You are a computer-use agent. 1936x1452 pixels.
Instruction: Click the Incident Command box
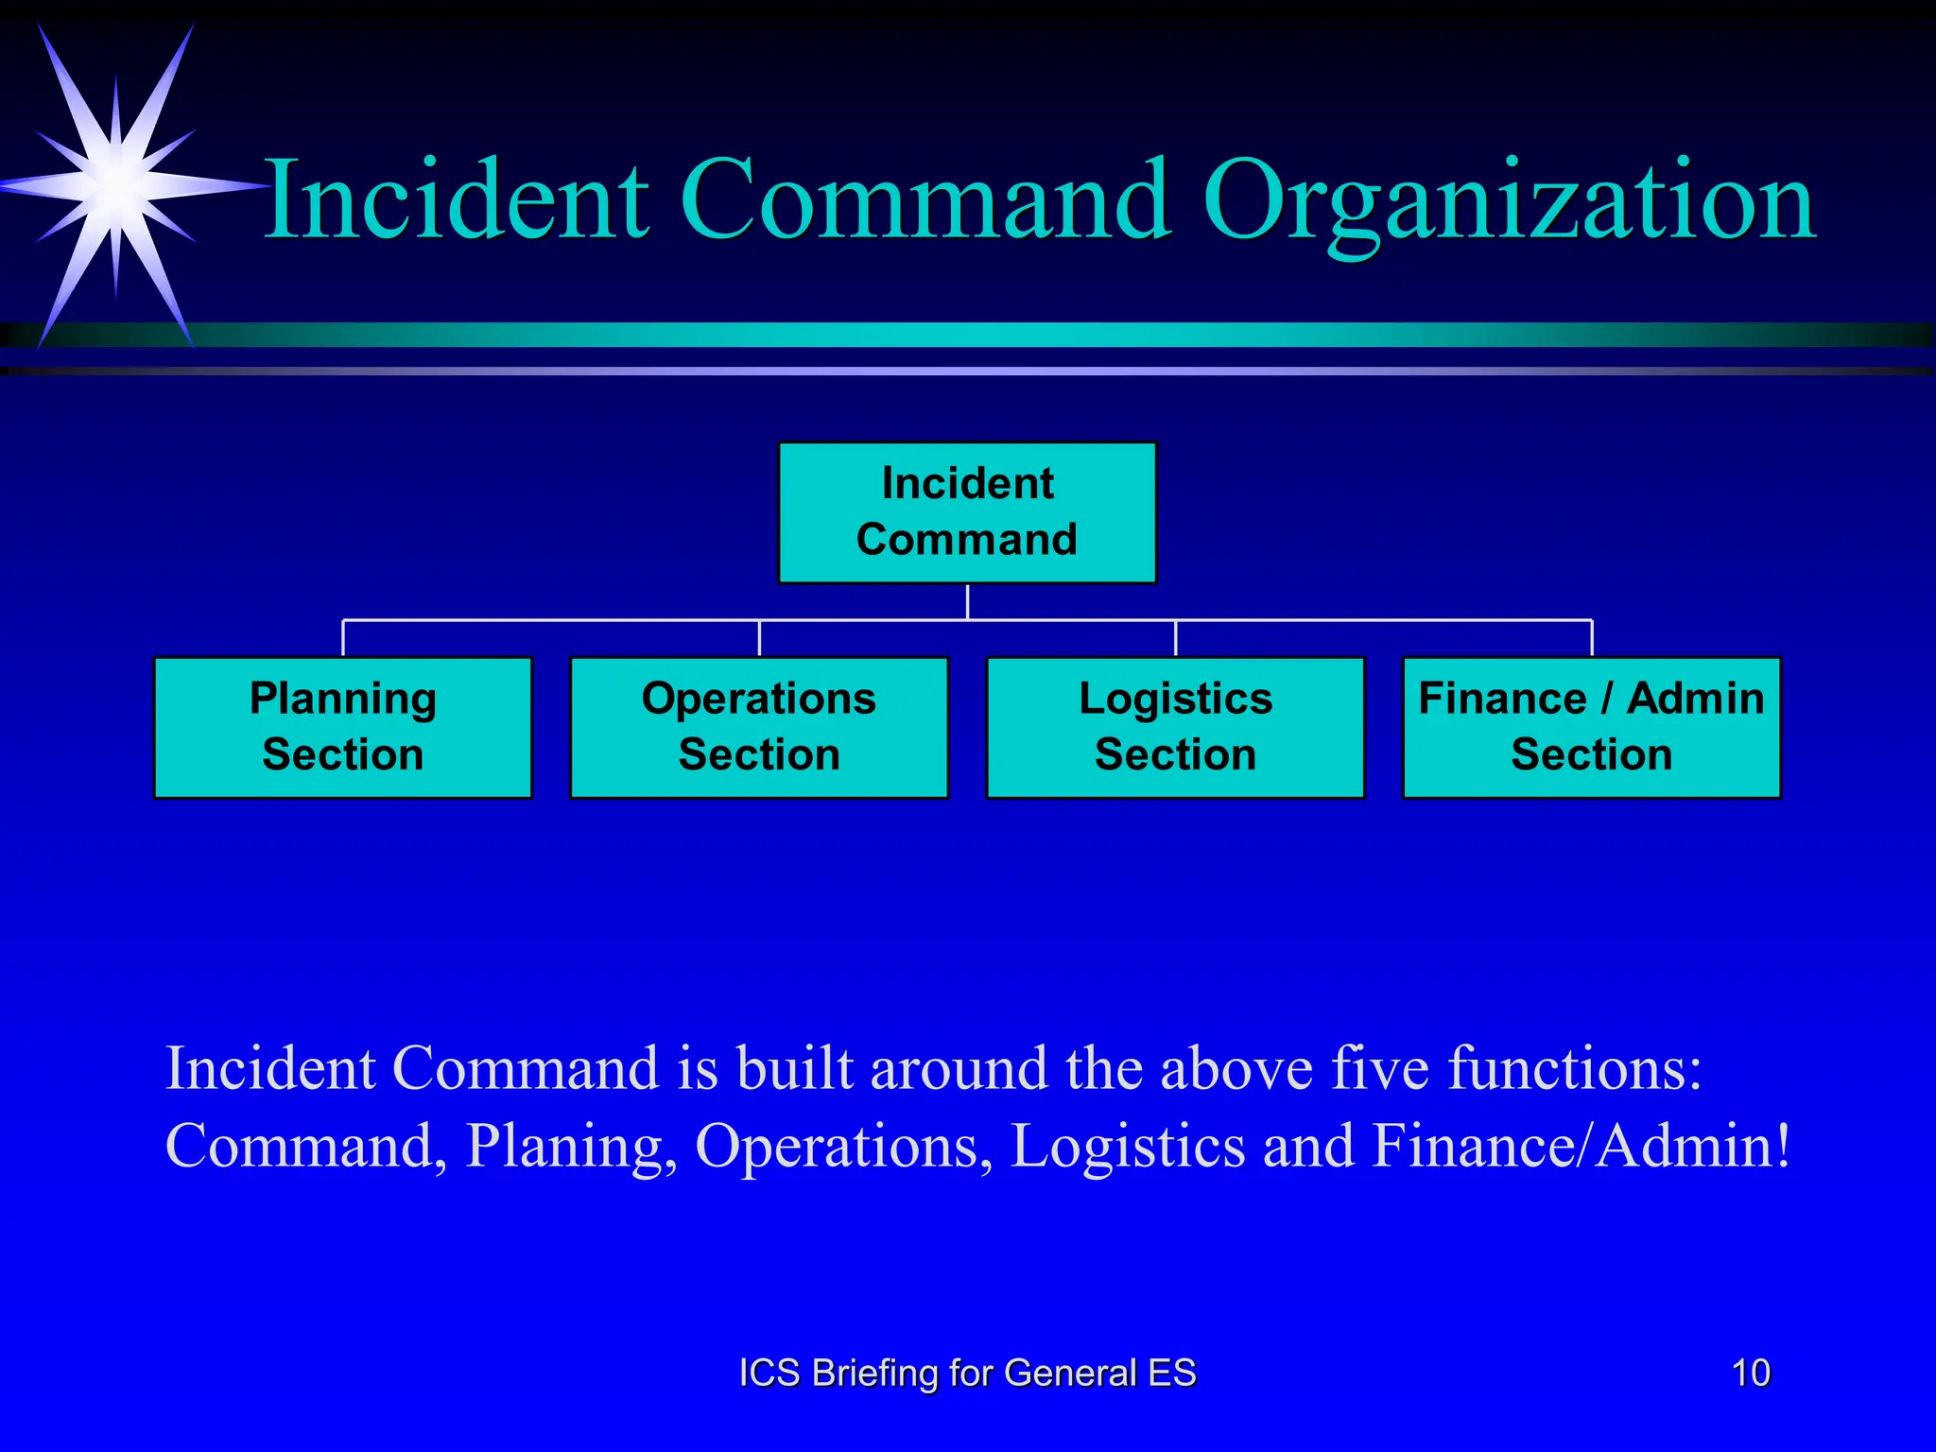pos(967,512)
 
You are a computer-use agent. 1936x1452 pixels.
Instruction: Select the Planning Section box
pos(343,727)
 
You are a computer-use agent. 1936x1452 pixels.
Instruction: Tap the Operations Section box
pos(759,727)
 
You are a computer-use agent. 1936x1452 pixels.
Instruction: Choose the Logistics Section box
pos(1175,727)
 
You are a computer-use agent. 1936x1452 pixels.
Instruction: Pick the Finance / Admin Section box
pos(1591,727)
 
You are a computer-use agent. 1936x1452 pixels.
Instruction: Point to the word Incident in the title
pos(457,200)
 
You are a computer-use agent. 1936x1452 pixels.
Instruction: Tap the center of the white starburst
pos(115,181)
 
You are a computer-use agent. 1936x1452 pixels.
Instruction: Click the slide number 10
pos(1750,1373)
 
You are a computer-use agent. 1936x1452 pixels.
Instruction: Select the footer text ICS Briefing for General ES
pos(967,1373)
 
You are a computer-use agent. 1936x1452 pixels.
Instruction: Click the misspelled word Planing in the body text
pos(570,1147)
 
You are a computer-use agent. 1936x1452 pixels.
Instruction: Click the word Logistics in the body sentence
pos(1128,1147)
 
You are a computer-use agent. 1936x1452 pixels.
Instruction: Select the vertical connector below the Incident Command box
pos(967,601)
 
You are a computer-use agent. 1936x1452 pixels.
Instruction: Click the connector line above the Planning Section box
pos(343,638)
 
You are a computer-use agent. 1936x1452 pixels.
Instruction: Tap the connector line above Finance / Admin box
pos(1592,638)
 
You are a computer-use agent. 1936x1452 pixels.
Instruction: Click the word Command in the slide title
pos(925,200)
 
